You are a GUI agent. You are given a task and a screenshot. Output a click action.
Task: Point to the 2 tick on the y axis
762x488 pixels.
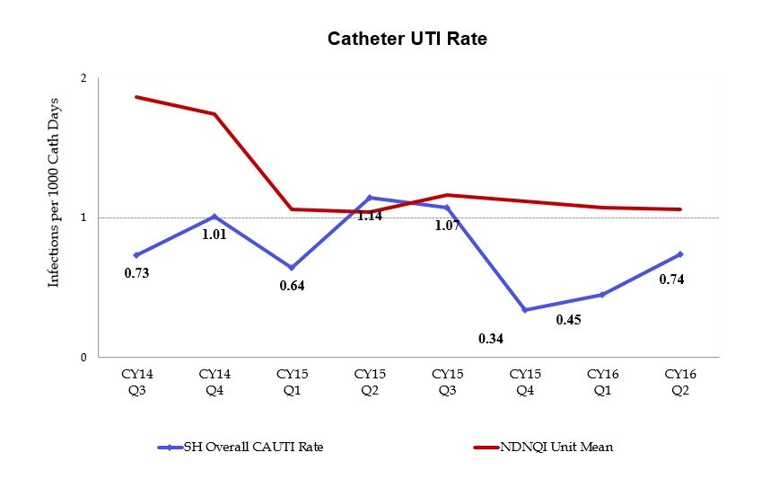pos(83,78)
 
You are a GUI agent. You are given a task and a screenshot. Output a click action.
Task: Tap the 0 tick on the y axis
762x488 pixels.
pos(83,358)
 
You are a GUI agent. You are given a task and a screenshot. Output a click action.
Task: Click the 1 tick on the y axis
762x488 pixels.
pos(83,217)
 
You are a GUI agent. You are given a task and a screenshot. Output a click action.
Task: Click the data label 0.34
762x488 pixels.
pos(491,338)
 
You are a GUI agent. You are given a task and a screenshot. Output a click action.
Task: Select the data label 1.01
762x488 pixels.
pos(214,235)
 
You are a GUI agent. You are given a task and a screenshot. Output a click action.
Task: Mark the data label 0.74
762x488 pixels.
pos(672,279)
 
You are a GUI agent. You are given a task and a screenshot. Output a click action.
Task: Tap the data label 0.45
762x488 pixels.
pos(568,319)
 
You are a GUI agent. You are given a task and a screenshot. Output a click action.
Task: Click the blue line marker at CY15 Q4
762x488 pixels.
pos(524,310)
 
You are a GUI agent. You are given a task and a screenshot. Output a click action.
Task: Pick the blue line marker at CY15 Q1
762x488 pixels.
pos(291,268)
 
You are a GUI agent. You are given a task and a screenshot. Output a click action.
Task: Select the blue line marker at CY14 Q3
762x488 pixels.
pos(136,255)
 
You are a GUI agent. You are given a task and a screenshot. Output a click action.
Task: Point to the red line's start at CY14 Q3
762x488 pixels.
pos(136,96)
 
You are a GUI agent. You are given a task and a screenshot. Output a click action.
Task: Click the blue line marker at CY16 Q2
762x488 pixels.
pos(679,254)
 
